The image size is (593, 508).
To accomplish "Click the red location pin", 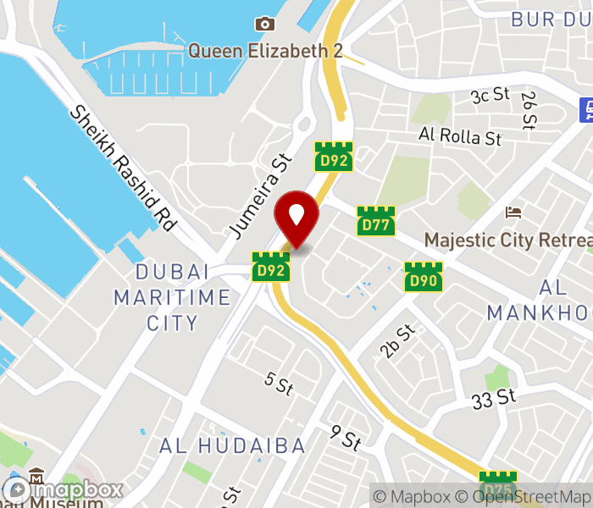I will (296, 217).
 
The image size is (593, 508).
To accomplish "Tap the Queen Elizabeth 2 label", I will (264, 51).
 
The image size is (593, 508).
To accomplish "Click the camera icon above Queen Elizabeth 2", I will (265, 25).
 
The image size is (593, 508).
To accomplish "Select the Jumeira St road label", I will (260, 195).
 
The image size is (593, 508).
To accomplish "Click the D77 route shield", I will (375, 222).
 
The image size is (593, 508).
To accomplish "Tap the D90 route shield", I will (423, 277).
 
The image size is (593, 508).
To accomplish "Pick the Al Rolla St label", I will (460, 135).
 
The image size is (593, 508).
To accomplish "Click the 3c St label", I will (490, 96).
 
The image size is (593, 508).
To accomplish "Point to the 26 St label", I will (529, 110).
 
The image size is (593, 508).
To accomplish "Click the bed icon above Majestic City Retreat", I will (513, 212).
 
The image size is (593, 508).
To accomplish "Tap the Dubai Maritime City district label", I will (172, 297).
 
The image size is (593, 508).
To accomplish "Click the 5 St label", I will (278, 383).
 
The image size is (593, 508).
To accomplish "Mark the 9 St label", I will (346, 438).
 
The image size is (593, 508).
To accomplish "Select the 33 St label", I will (494, 396).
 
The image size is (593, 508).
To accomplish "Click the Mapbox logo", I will (64, 489).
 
